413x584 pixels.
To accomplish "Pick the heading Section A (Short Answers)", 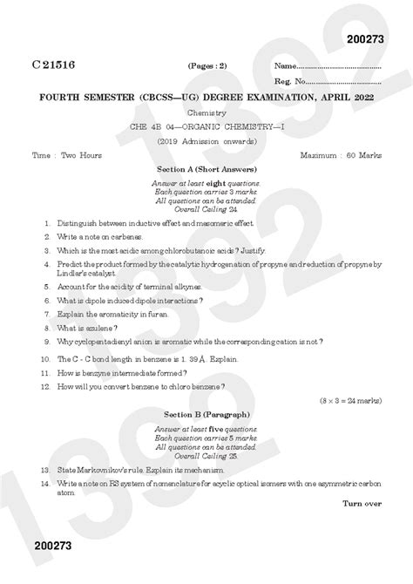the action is [x=206, y=168].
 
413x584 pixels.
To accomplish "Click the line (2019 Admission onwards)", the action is [x=206, y=141].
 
